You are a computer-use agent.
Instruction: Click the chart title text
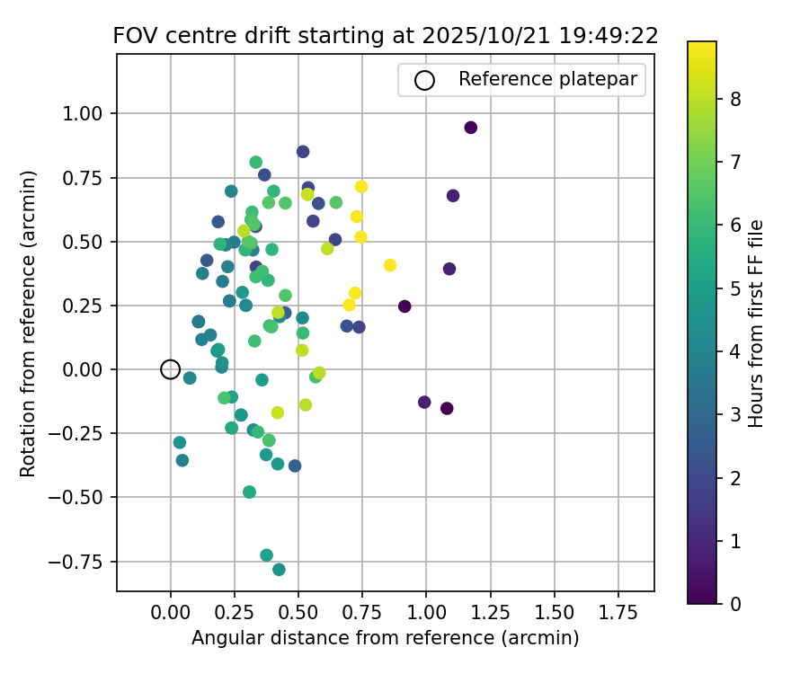coord(386,36)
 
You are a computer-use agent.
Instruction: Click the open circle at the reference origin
coord(171,369)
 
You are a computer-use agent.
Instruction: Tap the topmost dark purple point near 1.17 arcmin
coord(470,128)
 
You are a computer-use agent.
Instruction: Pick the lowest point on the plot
coord(279,570)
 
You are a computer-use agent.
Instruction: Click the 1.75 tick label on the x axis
coord(619,614)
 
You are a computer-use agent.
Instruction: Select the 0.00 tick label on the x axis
coord(171,614)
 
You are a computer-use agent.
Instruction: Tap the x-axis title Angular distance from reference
coord(385,638)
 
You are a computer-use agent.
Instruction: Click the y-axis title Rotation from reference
coord(29,324)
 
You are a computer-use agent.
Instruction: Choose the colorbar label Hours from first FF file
coord(756,324)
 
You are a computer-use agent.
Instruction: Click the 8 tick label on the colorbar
coord(735,99)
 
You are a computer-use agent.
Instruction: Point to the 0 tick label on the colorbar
coord(735,603)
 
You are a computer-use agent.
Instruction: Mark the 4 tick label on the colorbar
coord(735,351)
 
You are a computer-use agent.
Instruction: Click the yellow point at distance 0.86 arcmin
coord(390,265)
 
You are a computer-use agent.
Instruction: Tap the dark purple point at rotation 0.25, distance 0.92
coord(404,306)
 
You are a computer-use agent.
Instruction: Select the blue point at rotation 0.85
coord(303,152)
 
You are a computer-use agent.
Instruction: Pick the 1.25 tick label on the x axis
coord(491,614)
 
